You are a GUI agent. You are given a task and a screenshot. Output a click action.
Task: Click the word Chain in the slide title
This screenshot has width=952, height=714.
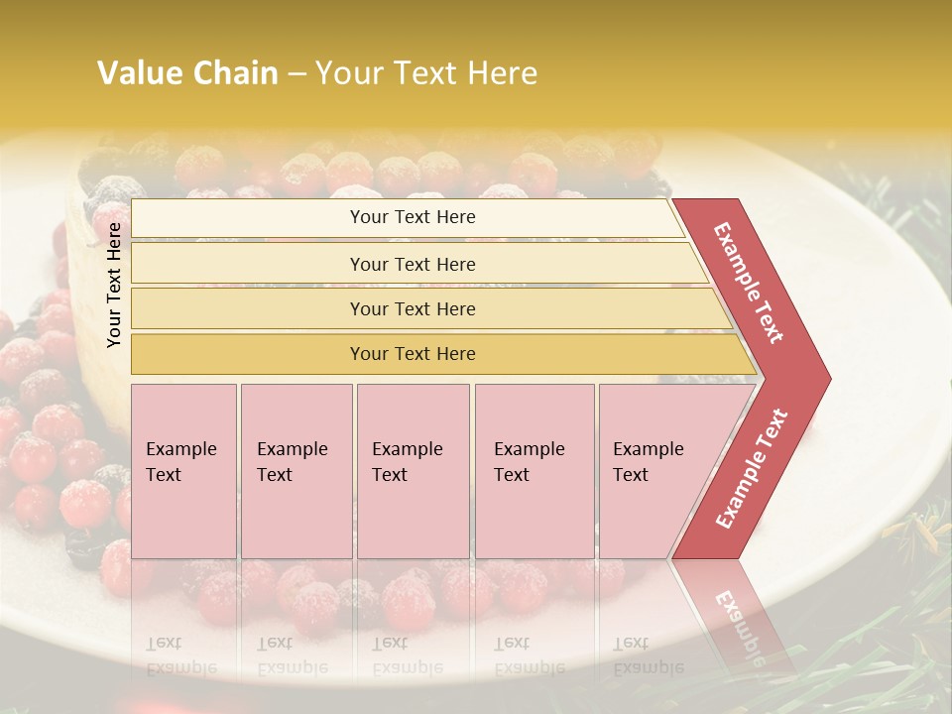click(231, 73)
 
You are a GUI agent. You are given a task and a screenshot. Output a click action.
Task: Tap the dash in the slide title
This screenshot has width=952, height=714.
click(297, 74)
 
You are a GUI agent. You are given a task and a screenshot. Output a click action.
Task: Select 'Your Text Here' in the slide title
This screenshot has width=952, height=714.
click(426, 73)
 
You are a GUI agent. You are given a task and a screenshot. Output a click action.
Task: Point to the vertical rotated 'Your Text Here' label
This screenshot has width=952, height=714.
click(114, 285)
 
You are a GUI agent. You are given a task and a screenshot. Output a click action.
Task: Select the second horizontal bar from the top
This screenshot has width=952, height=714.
click(413, 264)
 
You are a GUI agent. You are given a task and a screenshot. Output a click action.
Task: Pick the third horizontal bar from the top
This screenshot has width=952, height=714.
click(413, 308)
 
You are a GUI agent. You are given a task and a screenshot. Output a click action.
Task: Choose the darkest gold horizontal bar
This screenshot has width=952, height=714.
click(413, 354)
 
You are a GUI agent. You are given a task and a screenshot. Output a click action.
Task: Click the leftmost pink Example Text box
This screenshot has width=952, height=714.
click(183, 470)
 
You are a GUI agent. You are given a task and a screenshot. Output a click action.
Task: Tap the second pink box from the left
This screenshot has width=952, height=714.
click(296, 470)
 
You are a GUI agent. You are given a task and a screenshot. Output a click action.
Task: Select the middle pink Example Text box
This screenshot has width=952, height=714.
click(413, 470)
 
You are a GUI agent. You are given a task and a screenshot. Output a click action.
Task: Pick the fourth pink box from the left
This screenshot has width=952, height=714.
click(534, 470)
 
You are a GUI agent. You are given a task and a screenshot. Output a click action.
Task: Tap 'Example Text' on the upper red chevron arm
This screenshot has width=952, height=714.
click(749, 283)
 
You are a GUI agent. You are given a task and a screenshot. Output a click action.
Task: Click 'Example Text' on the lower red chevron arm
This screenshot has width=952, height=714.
click(751, 469)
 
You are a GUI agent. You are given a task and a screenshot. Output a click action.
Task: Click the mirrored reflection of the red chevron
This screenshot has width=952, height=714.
click(739, 615)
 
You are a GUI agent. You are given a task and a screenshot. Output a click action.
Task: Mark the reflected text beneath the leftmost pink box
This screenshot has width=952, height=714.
click(180, 654)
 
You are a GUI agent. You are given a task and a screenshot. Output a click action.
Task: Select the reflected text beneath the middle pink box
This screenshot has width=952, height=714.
click(407, 654)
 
